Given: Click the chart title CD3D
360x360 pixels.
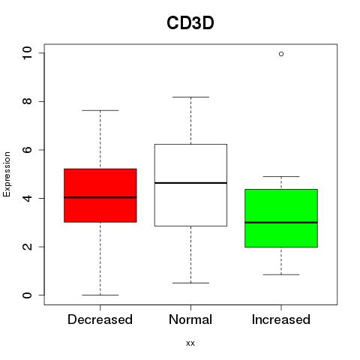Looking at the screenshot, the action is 190,23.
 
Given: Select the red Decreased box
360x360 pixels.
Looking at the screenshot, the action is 100,195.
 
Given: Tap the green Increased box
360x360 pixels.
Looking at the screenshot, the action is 281,218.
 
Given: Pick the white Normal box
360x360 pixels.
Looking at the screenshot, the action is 190,185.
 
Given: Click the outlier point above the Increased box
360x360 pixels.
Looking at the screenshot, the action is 281,54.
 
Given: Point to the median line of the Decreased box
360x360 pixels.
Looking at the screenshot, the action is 100,197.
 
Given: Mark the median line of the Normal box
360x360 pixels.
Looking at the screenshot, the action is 190,183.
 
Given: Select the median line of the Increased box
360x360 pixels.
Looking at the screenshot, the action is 281,222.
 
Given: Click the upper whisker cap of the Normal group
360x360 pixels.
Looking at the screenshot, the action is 190,97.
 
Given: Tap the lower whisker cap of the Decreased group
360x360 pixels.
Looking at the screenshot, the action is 100,295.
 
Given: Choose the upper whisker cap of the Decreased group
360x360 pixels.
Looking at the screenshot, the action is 100,110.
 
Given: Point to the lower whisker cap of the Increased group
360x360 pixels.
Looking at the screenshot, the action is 281,274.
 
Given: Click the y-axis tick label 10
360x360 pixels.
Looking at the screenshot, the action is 27,53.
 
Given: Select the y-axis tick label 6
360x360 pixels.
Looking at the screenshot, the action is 27,150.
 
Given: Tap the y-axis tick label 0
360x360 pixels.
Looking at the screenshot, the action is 27,295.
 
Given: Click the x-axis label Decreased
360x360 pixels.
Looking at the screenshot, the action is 100,319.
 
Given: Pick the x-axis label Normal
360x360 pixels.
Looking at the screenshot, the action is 190,319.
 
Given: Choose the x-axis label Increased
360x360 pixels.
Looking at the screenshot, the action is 281,319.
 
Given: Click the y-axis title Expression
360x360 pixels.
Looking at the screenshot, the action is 7,174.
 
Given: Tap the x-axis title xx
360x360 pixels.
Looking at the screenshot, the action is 190,343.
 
